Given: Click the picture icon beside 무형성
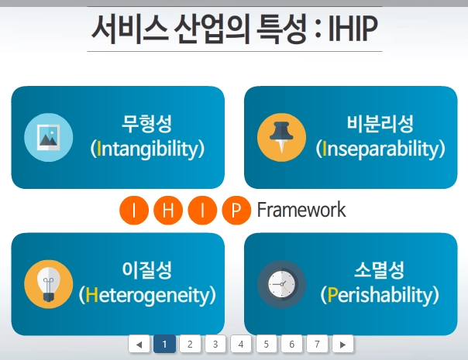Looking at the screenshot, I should tap(48, 137).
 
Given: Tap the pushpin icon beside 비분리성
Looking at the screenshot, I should tap(281, 137).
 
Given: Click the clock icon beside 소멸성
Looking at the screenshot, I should tap(281, 284).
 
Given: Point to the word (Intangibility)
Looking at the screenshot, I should tap(147, 149).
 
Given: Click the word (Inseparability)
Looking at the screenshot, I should tap(380, 149).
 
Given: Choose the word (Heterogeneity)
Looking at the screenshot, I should tap(147, 295).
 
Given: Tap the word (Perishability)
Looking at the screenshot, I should tap(380, 295).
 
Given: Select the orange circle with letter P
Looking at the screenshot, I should tap(236, 211).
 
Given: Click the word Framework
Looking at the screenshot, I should tap(301, 210).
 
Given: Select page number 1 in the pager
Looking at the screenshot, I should tap(164, 344).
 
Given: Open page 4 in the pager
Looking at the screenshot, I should tap(240, 344).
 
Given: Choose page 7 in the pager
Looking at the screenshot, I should tap(316, 344).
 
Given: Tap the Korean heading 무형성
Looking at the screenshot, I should tap(147, 123).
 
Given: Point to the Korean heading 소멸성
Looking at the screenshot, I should tap(380, 270).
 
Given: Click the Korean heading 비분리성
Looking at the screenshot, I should tap(380, 123).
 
